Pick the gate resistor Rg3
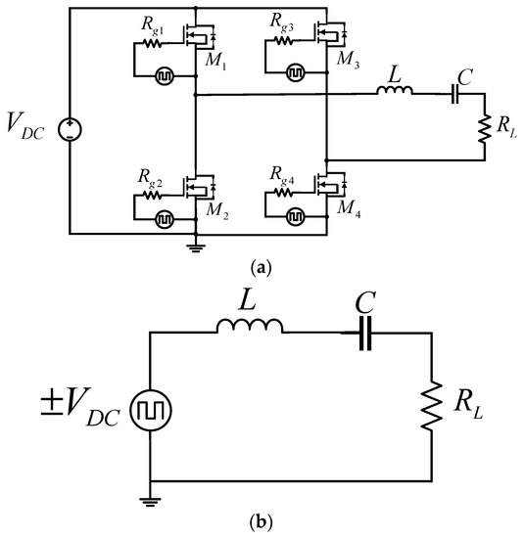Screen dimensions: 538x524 click(284, 41)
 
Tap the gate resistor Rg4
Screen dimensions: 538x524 click(285, 194)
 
